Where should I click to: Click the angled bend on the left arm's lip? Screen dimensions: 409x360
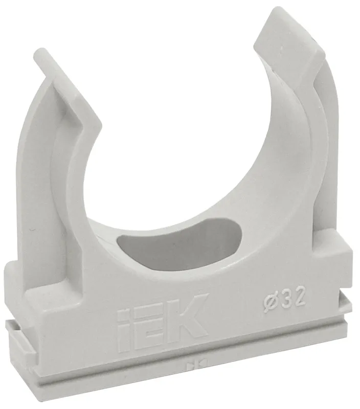click(x=82, y=110)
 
